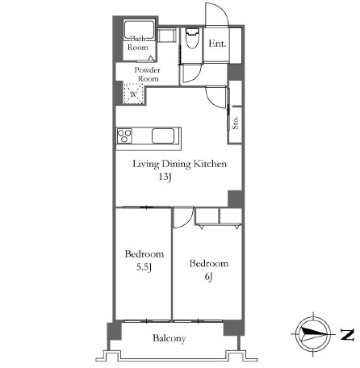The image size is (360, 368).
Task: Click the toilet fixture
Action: coord(192,38)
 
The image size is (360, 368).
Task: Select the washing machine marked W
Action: coord(133,94)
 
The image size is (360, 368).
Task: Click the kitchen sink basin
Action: coord(163,136)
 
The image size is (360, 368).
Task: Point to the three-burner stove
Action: coord(124,136)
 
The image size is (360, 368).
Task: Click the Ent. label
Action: coord(217,44)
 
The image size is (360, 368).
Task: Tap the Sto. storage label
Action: coord(235,123)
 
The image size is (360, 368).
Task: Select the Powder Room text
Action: coord(148,74)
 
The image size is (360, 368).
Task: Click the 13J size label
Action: coord(165,178)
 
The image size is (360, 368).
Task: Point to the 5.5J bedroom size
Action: coord(144,267)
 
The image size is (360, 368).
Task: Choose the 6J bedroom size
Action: coord(209,277)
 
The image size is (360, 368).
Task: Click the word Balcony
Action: coord(170,338)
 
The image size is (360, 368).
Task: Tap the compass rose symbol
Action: coord(314,334)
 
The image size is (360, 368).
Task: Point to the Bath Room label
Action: coord(138,43)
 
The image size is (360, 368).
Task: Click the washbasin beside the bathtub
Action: coord(167,35)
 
